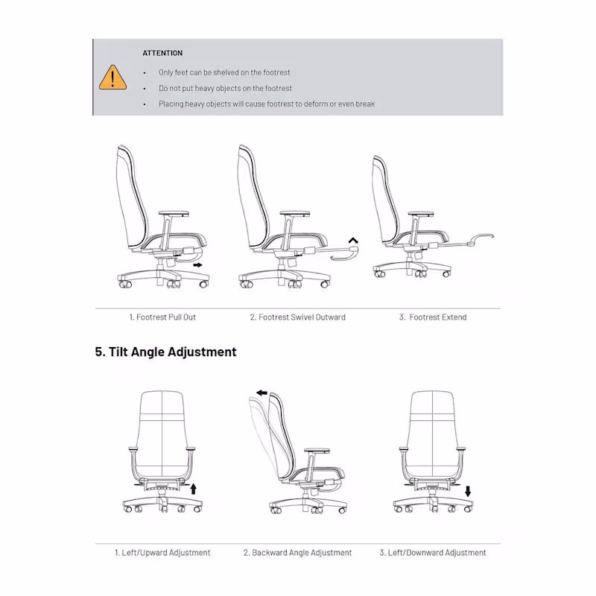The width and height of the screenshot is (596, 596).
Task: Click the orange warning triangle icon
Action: (x=112, y=77)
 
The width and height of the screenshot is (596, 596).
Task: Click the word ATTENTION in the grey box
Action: (x=162, y=53)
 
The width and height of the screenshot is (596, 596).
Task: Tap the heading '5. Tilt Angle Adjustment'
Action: (x=165, y=352)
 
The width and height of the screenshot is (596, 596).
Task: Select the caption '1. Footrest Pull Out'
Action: (x=162, y=317)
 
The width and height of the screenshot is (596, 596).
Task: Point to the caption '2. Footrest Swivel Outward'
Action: (x=297, y=317)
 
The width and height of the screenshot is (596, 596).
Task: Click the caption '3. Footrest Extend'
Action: (x=433, y=317)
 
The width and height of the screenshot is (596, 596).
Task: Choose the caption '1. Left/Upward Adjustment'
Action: (x=162, y=553)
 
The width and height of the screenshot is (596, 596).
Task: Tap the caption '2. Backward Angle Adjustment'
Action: (x=297, y=553)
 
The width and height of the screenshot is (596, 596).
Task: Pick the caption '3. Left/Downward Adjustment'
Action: (x=433, y=553)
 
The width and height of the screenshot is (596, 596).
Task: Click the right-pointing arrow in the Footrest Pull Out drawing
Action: (x=197, y=265)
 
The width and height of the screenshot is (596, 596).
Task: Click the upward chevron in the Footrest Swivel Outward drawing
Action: (x=353, y=240)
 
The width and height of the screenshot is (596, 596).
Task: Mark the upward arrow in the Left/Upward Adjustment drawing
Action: (x=194, y=489)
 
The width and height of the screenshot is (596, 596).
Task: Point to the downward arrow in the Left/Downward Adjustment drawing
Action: (x=468, y=491)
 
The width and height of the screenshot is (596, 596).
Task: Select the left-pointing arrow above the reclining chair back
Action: (x=262, y=393)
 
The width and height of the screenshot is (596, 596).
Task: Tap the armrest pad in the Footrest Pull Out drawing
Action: (x=174, y=214)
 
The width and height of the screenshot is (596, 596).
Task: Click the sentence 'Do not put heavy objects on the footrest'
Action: (x=225, y=88)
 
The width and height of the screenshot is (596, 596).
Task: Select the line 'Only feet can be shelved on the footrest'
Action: (x=224, y=72)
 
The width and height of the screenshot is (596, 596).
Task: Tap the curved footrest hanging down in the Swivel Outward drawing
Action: (x=344, y=255)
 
